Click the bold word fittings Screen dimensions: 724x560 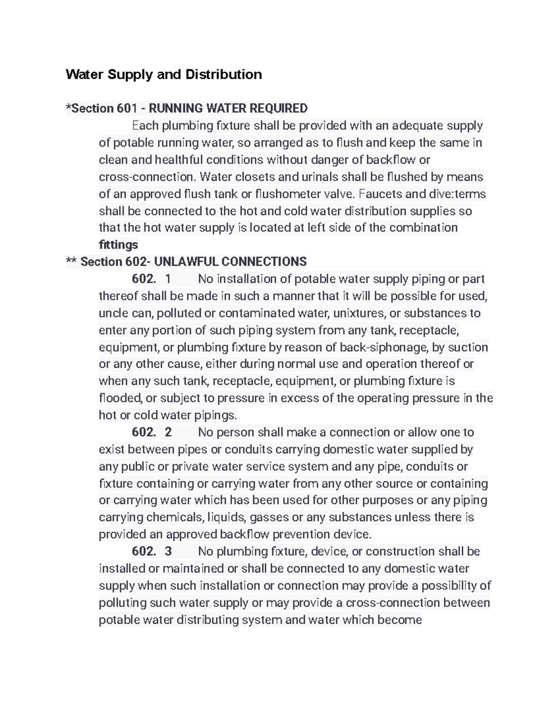[118, 245]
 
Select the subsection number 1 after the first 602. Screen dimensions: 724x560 [168, 279]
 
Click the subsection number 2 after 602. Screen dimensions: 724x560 [168, 432]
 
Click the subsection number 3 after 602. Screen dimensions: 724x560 [168, 552]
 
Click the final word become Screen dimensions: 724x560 [400, 620]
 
